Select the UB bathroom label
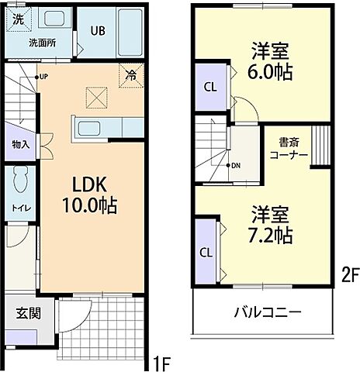[98, 32]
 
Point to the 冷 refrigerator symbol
[131, 76]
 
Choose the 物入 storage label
[20, 144]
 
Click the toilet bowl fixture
[21, 180]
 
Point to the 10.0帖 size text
[89, 206]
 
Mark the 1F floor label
[161, 361]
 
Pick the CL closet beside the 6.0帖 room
[210, 87]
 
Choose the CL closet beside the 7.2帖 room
[206, 252]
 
